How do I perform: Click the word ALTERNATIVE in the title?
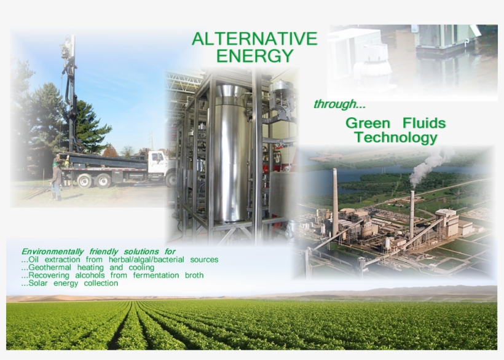(254, 39)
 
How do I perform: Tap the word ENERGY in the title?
(255, 57)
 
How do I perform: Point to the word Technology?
(396, 138)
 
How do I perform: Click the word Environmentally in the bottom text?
(52, 252)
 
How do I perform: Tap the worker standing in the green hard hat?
(57, 180)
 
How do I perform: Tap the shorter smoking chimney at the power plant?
(412, 212)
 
